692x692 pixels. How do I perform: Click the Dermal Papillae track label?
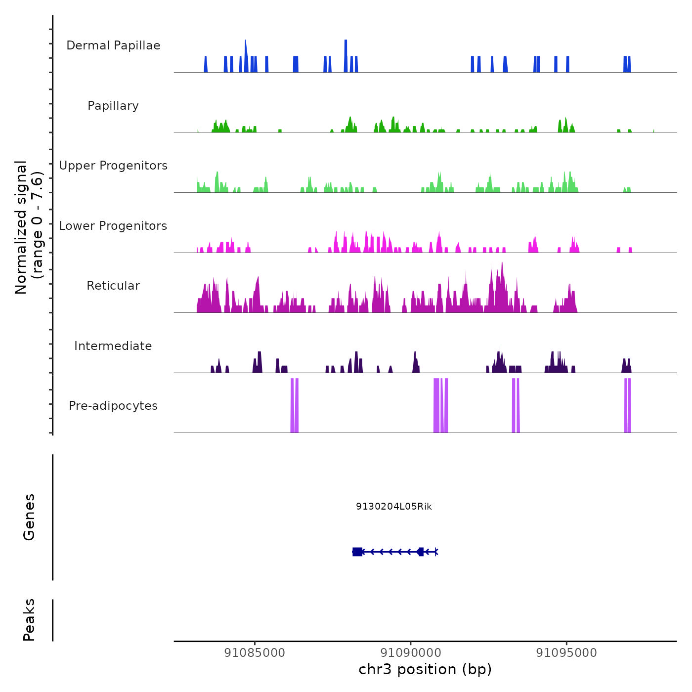113,45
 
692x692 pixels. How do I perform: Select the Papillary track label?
113,106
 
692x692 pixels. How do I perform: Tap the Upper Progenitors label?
113,166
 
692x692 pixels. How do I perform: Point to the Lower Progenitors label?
113,226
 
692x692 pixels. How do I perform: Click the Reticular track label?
113,286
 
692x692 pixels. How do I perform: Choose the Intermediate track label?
113,346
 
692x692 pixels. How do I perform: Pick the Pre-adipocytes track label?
113,406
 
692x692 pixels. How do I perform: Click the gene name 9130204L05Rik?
394,506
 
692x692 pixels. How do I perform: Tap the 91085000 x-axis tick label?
255,653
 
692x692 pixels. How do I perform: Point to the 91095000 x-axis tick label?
566,653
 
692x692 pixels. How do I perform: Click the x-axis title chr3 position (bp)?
425,669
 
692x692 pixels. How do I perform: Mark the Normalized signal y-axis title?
29,227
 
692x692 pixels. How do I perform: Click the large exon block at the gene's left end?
357,552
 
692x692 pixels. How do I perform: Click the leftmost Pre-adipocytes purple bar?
292,405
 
